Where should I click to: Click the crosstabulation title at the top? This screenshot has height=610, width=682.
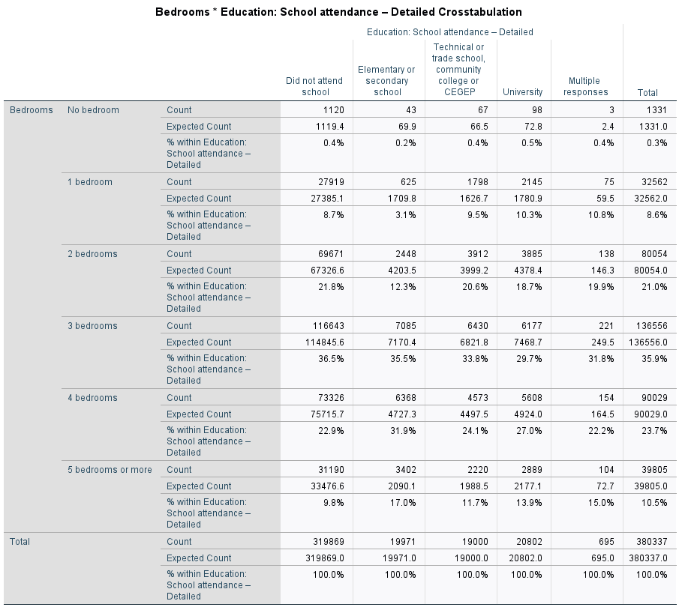click(x=338, y=12)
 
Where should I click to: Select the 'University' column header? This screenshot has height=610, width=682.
click(x=522, y=92)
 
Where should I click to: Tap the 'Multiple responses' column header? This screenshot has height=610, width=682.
click(x=585, y=86)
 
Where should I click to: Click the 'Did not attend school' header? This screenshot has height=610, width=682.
click(x=314, y=86)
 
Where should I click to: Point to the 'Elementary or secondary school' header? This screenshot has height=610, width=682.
click(x=386, y=81)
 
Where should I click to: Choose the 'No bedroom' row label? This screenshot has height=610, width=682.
click(x=93, y=110)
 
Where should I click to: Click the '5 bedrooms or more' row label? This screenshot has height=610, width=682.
click(x=110, y=470)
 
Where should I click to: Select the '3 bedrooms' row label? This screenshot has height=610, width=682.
click(x=92, y=326)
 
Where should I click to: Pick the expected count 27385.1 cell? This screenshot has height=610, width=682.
click(x=327, y=199)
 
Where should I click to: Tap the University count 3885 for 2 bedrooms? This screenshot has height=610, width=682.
click(x=531, y=254)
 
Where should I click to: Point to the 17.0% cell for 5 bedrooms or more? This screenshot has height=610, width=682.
click(x=403, y=503)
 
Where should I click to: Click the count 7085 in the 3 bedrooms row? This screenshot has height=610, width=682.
click(x=405, y=326)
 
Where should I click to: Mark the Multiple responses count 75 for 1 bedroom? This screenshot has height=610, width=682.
click(x=609, y=182)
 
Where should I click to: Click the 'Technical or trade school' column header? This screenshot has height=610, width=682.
click(x=458, y=70)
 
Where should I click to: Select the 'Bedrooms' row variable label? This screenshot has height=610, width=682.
click(x=32, y=110)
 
